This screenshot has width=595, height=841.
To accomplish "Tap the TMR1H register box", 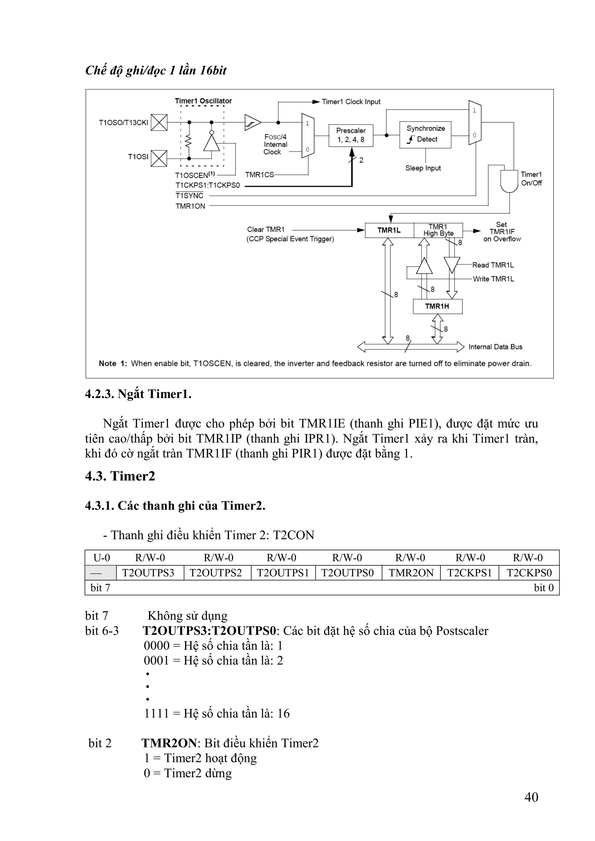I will click(x=437, y=306).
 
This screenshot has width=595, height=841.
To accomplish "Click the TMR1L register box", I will click(x=389, y=230).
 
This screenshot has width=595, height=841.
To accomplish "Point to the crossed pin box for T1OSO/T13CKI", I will click(x=159, y=122).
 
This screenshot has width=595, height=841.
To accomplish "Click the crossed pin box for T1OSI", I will click(x=159, y=158).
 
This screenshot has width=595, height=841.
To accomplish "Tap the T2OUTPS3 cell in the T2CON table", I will click(x=148, y=573).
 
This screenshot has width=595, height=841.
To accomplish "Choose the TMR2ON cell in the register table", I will click(x=411, y=573).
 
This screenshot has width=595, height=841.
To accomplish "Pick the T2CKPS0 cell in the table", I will click(x=529, y=573).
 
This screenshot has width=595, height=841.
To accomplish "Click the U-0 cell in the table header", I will click(x=102, y=557).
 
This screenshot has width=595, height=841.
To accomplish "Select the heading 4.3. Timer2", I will click(x=120, y=476).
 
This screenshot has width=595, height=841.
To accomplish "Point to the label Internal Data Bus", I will click(x=495, y=347).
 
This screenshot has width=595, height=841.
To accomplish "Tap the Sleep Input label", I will click(x=423, y=168).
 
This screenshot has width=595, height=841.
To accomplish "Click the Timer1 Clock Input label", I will click(x=351, y=102).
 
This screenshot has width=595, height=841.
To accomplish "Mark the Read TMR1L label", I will click(x=493, y=265).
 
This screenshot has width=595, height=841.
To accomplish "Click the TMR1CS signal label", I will click(x=259, y=175).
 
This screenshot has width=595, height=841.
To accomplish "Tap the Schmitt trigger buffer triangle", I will click(x=252, y=122).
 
